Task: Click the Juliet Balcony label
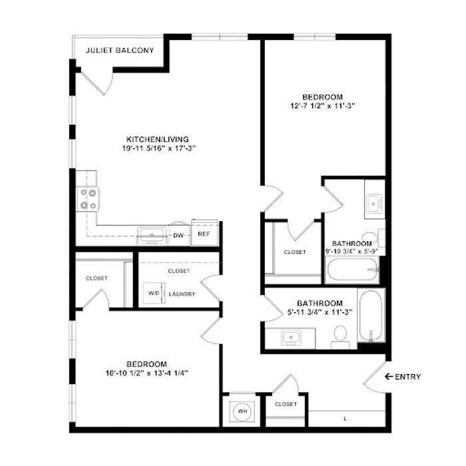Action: click(120, 50)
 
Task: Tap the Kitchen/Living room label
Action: click(158, 139)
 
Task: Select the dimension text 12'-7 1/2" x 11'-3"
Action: click(323, 106)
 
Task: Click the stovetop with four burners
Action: click(89, 199)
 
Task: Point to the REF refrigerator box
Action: click(205, 233)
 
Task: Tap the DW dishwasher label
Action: click(178, 236)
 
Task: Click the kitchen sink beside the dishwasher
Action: click(152, 236)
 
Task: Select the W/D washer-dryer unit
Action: click(154, 293)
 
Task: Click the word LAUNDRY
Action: click(182, 294)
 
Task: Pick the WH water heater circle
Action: click(242, 411)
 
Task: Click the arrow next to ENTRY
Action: click(389, 377)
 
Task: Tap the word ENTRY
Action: click(407, 377)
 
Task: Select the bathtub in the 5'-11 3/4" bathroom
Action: click(371, 316)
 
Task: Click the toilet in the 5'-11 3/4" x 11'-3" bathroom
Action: click(340, 337)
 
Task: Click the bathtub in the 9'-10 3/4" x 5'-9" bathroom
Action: click(352, 269)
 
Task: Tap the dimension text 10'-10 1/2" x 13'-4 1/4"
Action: click(147, 373)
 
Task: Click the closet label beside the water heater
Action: click(286, 404)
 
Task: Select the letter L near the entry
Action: click(345, 419)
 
